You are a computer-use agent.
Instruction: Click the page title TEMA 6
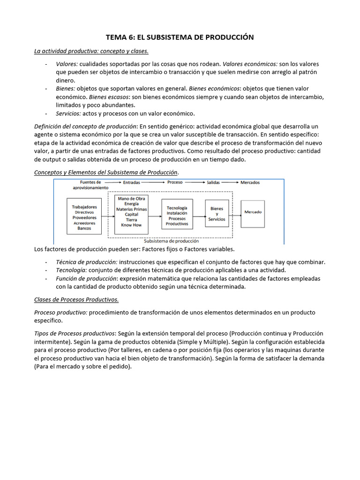(180, 37)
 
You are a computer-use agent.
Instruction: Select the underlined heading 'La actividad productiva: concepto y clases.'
(91, 51)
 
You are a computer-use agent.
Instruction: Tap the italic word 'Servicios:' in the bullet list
(68, 113)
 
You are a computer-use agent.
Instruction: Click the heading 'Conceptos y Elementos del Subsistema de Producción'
(106, 172)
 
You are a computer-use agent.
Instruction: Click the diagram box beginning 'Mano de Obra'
(131, 212)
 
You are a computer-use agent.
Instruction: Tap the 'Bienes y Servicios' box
(217, 214)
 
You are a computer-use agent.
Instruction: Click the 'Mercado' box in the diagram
(253, 212)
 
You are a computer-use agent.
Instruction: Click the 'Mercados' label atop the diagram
(250, 182)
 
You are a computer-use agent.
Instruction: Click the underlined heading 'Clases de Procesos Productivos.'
(76, 300)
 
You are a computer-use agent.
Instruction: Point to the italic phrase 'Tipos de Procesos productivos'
(75, 333)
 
